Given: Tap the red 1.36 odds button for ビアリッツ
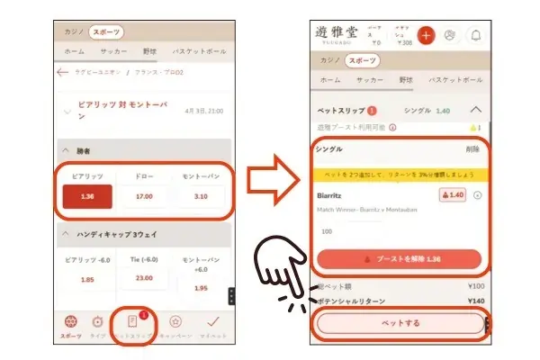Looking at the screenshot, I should pos(87,196).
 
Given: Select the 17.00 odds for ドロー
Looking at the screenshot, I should pos(143,196).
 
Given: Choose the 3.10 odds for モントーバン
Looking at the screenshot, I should pos(201,196).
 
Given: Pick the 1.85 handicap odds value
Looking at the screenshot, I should pos(87,280).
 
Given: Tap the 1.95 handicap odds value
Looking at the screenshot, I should pos(201,287).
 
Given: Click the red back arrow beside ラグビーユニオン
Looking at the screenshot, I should pos(63,72).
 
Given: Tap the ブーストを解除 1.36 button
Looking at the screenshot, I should pos(400,258).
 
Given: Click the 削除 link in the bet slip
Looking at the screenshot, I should pos(472,149).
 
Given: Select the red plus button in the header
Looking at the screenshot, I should pos(425,35).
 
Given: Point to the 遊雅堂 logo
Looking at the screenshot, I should pos(335,34).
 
